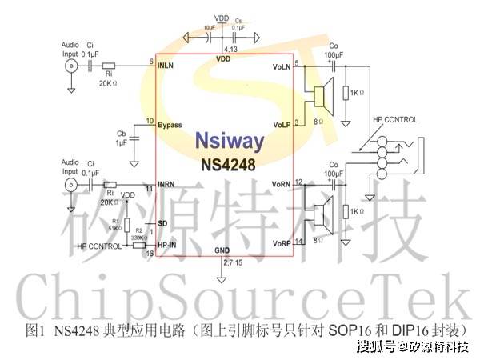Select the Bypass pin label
[x=170, y=126]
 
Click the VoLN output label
[x=282, y=66]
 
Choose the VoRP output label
[x=282, y=242]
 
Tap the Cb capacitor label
[x=122, y=134]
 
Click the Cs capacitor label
[x=236, y=22]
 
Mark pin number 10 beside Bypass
[x=150, y=121]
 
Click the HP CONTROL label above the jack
[x=395, y=119]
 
